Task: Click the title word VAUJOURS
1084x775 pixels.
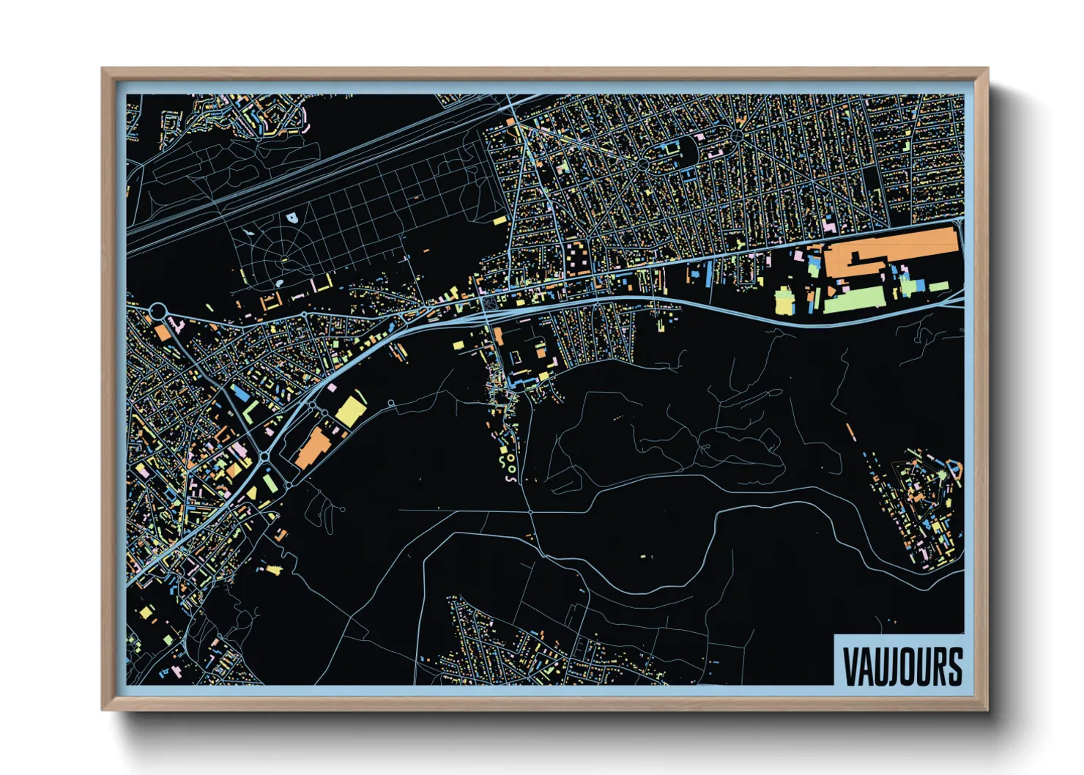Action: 902,666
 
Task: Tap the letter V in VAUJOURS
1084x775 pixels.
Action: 850,666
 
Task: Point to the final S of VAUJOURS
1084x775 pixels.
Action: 954,666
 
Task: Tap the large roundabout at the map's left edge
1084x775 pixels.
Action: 157,311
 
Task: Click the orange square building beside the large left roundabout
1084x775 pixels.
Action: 163,333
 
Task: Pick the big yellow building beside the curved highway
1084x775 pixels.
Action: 350,411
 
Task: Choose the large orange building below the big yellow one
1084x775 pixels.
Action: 313,447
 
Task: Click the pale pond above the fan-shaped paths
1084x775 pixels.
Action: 292,218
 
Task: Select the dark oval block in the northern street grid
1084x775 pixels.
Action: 687,149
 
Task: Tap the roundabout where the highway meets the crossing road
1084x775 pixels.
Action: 264,457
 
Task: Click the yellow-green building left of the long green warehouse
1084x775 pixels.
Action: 784,300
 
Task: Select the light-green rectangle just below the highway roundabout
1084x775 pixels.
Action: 270,482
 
